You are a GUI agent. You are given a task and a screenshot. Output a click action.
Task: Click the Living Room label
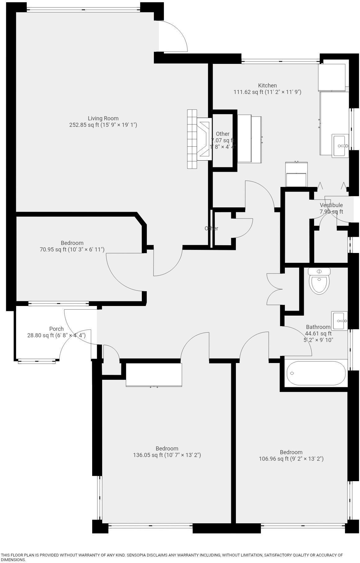tap(103, 118)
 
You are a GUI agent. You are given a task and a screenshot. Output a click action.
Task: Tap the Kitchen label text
tap(267, 85)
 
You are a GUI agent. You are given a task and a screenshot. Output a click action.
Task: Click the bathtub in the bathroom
tap(316, 373)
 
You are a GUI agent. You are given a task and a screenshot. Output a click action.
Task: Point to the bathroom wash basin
tap(340, 321)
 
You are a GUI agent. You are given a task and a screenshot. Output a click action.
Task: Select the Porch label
tap(56, 329)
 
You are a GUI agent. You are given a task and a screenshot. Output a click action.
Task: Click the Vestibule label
tap(331, 205)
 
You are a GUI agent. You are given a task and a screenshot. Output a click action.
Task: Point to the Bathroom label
tap(318, 327)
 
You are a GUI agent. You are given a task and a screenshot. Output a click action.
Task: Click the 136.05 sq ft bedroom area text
tap(167, 455)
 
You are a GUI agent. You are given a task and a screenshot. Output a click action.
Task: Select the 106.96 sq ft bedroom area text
tap(291, 459)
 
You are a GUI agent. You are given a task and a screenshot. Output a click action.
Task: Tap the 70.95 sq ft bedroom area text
tap(72, 249)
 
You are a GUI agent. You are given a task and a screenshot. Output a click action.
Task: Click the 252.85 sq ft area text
tap(103, 125)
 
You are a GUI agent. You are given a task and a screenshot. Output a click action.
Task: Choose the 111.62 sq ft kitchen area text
tap(267, 92)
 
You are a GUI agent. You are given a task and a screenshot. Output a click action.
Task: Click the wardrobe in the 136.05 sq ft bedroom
tap(154, 375)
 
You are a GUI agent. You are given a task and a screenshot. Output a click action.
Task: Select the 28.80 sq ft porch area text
tap(56, 335)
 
